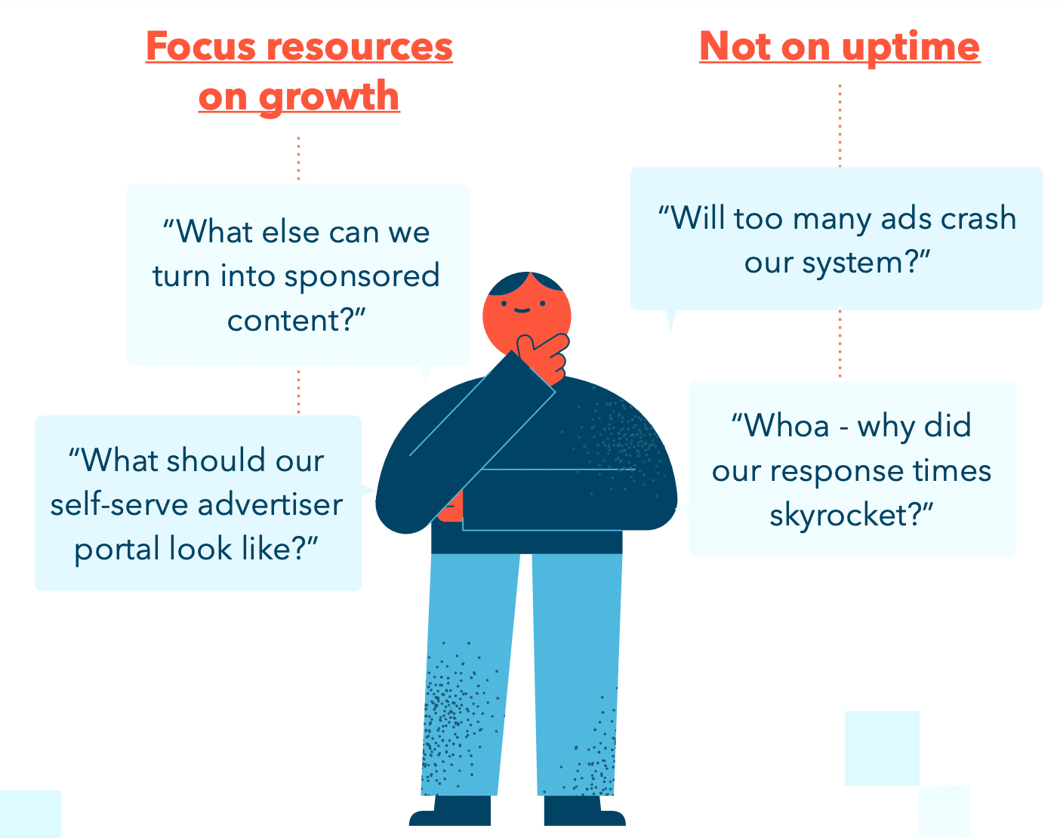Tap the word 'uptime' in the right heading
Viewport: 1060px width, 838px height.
911,47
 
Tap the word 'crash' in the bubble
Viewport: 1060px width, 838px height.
978,219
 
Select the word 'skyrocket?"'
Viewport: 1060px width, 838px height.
852,515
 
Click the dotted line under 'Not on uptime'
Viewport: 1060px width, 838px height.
840,125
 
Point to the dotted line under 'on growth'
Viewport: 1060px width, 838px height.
299,159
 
